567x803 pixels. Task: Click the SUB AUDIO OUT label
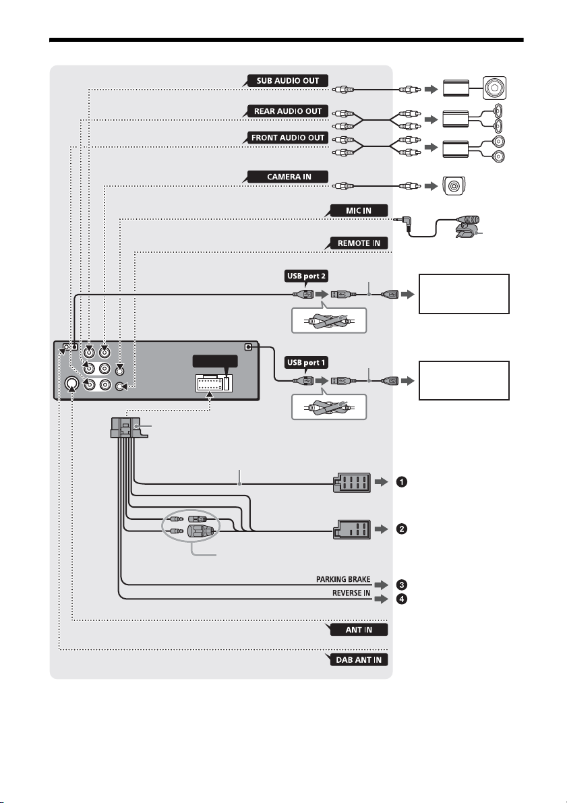coord(287,81)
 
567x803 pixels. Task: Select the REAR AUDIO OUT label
coord(287,111)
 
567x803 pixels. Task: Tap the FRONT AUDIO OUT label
coord(287,138)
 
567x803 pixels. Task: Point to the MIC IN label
coord(359,210)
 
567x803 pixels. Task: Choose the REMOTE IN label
coord(359,243)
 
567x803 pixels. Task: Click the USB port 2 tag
coord(306,276)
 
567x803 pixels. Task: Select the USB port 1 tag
coord(306,363)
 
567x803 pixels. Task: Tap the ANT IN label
coord(359,630)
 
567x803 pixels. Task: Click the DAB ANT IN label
coord(359,659)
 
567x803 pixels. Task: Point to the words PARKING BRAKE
coord(343,579)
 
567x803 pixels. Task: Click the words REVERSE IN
coord(351,593)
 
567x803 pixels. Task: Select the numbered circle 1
coord(402,482)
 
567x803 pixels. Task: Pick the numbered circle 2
coord(402,529)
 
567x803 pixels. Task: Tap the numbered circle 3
coord(402,585)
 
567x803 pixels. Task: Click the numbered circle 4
coord(402,599)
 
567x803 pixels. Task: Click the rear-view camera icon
coord(454,186)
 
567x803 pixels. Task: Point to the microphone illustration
coord(467,227)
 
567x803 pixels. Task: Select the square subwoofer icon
coord(494,88)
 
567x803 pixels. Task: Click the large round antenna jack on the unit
coord(71,384)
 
